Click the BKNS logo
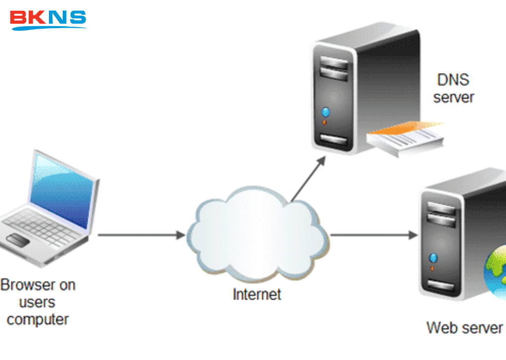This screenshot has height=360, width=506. pyautogui.click(x=48, y=19)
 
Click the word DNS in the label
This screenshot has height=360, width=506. pyautogui.click(x=453, y=80)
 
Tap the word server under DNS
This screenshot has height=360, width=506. pyautogui.click(x=453, y=97)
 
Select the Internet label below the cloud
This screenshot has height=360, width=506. pyautogui.click(x=257, y=294)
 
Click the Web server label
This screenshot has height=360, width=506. pyautogui.click(x=464, y=327)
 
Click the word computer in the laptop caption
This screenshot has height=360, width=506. pyautogui.click(x=38, y=319)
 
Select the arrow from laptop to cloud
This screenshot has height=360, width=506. pyautogui.click(x=141, y=235)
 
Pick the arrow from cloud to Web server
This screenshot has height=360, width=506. pyautogui.click(x=373, y=235)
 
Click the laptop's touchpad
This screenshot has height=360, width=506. pyautogui.click(x=18, y=241)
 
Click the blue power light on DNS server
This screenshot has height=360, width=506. pyautogui.click(x=325, y=112)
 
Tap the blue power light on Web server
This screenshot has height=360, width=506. pyautogui.click(x=433, y=257)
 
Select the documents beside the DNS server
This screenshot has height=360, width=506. pyautogui.click(x=405, y=138)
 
